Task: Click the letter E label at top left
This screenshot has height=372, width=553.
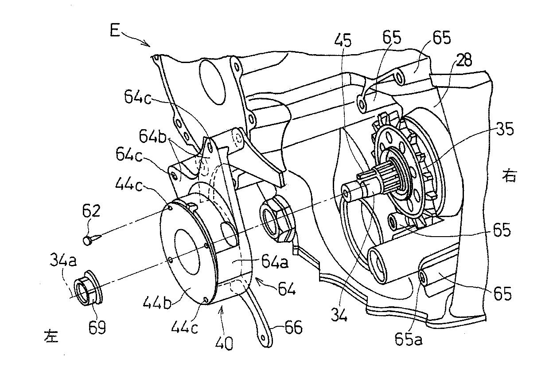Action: (115, 31)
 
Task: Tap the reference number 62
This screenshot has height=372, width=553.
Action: (91, 211)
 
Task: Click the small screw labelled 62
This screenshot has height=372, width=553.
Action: (92, 239)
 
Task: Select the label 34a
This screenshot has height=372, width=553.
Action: (63, 261)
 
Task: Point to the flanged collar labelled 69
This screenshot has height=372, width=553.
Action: (90, 288)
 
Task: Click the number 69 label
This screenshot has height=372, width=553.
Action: (97, 327)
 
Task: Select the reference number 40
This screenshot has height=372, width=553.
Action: (224, 343)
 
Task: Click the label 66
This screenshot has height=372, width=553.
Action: (293, 327)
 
